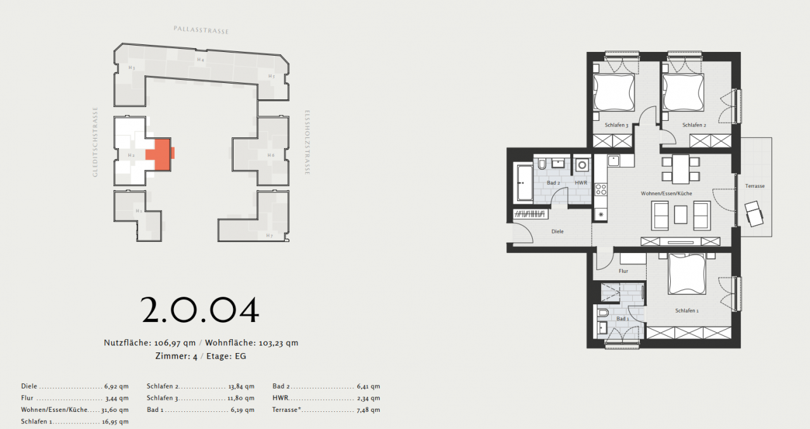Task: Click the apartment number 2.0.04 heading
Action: click(x=200, y=310)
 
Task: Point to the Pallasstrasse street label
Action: click(x=201, y=30)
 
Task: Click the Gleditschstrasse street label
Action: click(x=96, y=141)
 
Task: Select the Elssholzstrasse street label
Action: click(x=306, y=143)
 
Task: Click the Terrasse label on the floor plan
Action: click(x=755, y=186)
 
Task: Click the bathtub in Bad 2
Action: click(x=525, y=183)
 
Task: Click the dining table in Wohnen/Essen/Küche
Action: click(x=681, y=168)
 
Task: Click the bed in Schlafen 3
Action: click(x=613, y=92)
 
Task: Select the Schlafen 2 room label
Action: click(x=694, y=125)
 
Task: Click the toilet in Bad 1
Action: click(x=603, y=313)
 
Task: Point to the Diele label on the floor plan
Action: click(x=558, y=232)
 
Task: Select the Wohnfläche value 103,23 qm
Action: click(x=278, y=343)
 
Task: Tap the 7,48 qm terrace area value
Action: click(x=367, y=410)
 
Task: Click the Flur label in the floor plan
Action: click(x=623, y=271)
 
